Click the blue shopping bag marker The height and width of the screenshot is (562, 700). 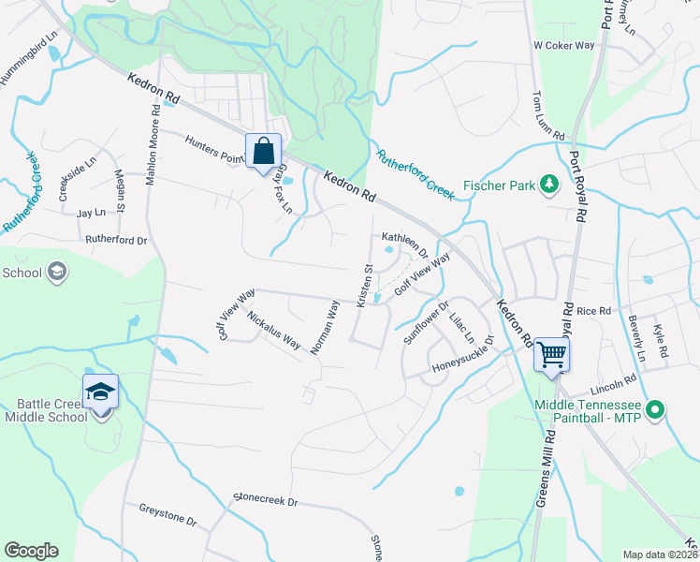(263, 151)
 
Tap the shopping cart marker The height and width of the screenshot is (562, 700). (551, 355)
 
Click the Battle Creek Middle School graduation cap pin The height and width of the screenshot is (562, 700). (100, 392)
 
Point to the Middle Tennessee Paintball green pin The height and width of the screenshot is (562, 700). (655, 409)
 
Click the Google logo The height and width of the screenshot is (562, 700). (31, 551)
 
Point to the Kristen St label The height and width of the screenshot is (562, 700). (365, 284)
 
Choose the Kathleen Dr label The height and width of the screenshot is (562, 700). (403, 245)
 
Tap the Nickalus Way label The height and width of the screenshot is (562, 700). (273, 329)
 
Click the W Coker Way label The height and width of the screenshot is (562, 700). (563, 45)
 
